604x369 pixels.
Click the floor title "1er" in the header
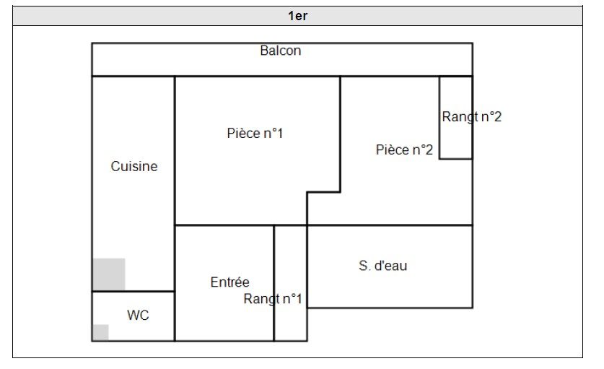click(297, 16)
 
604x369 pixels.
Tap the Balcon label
click(281, 51)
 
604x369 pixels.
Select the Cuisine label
click(134, 166)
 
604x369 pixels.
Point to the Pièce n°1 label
click(255, 134)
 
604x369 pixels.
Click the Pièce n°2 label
click(404, 150)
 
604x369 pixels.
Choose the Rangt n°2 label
click(471, 117)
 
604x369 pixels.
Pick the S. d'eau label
click(382, 266)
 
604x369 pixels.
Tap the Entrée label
click(229, 282)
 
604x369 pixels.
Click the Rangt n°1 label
click(273, 299)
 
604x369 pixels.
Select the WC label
click(138, 316)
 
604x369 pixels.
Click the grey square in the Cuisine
click(109, 274)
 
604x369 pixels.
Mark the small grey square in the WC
click(100, 332)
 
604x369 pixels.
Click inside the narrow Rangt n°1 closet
click(291, 260)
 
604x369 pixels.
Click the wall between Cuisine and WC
click(134, 291)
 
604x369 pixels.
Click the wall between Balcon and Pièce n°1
click(257, 76)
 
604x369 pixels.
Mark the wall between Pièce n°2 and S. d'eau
click(390, 225)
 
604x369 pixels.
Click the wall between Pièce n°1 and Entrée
click(224, 225)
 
